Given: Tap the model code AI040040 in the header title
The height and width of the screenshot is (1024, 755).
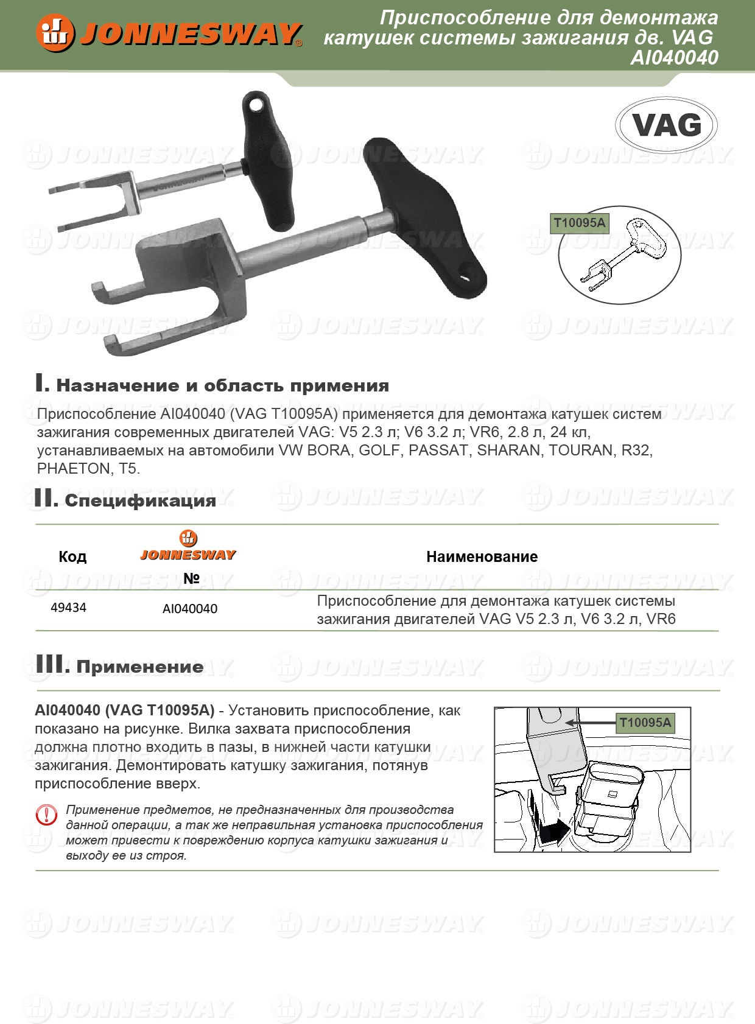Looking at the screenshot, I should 674,58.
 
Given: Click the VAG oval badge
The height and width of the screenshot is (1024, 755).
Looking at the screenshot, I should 667,125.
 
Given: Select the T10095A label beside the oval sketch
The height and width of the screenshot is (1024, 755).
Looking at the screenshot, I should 579,223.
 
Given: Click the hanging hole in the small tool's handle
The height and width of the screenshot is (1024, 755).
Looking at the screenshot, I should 256,105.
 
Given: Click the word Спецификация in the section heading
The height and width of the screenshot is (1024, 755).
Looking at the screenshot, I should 140,500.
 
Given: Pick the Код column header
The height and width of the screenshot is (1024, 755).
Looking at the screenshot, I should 72,556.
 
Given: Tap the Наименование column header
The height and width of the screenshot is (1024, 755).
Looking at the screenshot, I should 482,556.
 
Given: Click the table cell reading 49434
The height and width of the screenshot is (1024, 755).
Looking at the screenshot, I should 68,608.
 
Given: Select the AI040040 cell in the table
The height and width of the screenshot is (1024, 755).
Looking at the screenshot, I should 190,609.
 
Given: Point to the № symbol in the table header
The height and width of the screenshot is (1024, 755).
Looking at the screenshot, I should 191,578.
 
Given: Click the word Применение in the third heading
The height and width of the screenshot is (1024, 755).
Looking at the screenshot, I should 140,667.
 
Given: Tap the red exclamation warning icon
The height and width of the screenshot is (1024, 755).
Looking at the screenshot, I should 47,815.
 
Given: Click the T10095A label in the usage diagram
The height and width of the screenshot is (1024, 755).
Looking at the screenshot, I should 645,723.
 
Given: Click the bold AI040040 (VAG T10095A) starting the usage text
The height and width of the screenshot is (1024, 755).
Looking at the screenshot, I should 124,710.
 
